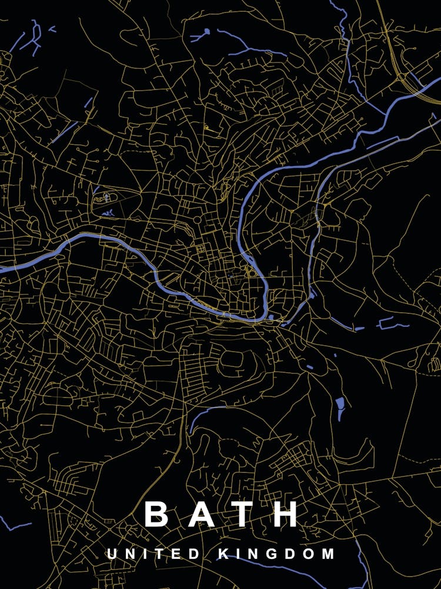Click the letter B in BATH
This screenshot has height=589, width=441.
156,514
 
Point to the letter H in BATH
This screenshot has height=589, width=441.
286,514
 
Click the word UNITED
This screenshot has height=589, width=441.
153,554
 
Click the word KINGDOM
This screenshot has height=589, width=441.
276,554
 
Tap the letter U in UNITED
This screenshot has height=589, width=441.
112,554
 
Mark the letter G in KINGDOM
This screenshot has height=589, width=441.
271,554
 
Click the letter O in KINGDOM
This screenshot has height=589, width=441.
309,554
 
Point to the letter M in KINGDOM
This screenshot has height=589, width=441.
328,554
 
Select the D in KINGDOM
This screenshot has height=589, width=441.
290,554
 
